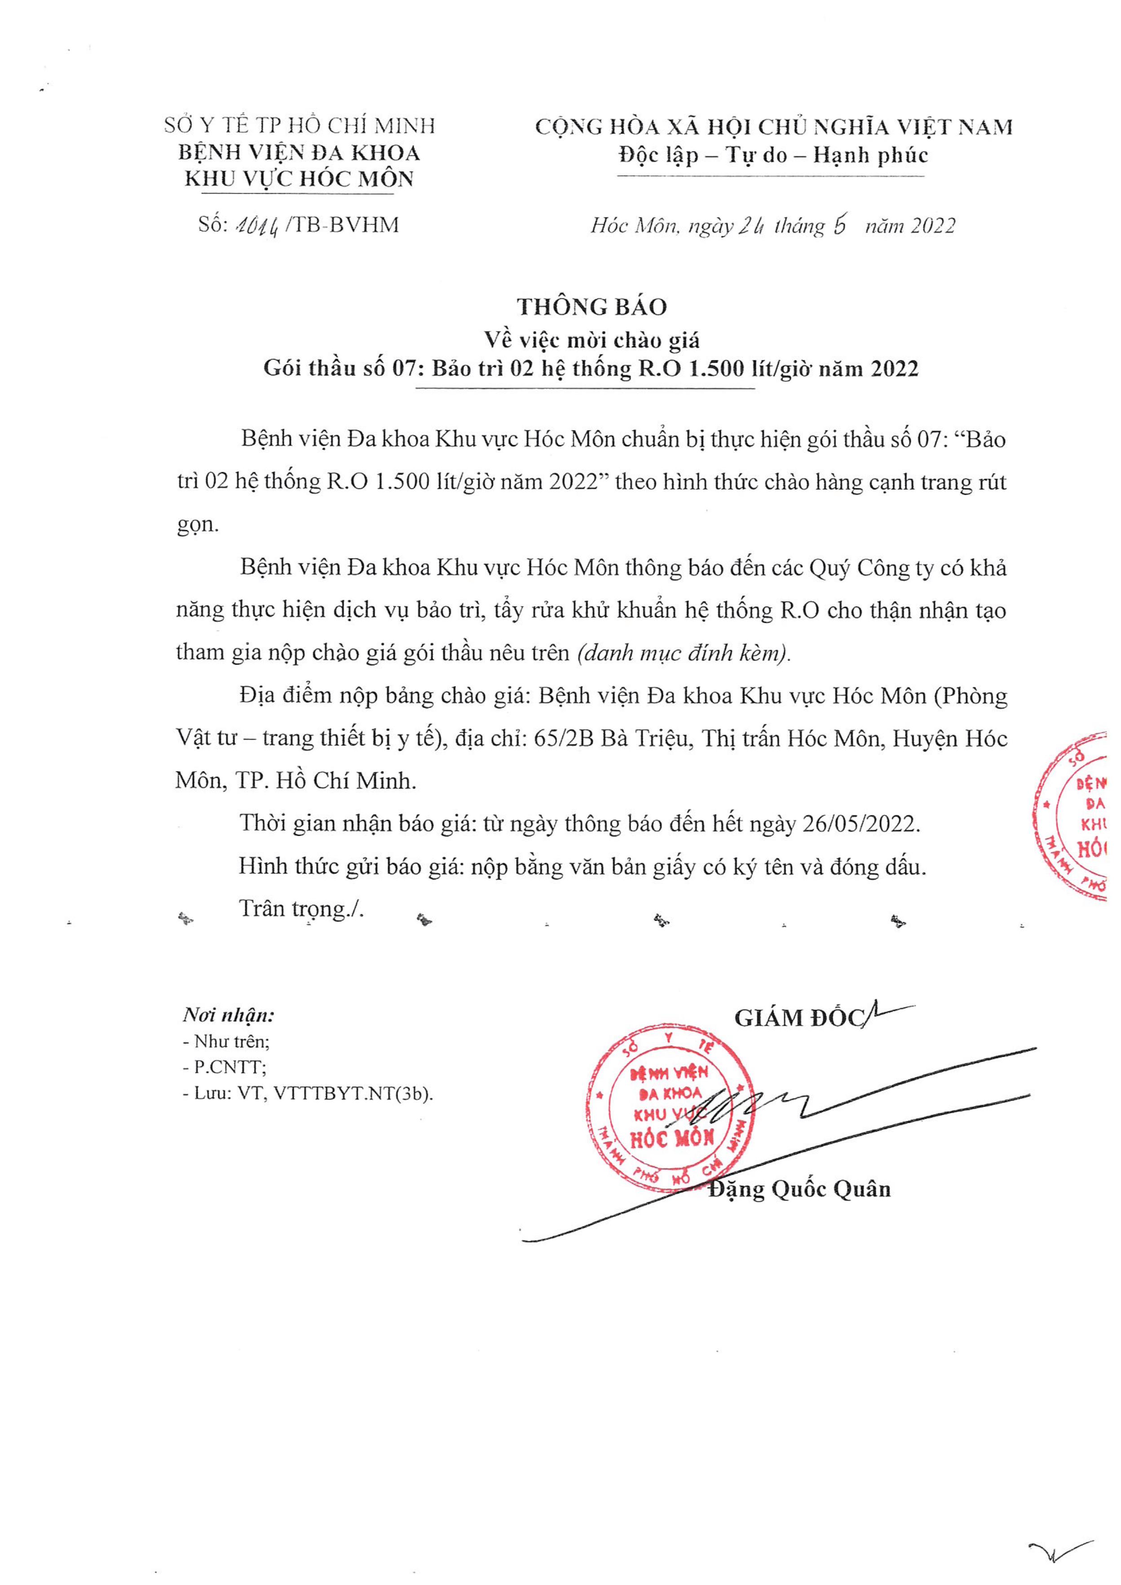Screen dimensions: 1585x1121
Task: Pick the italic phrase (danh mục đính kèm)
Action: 683,652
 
